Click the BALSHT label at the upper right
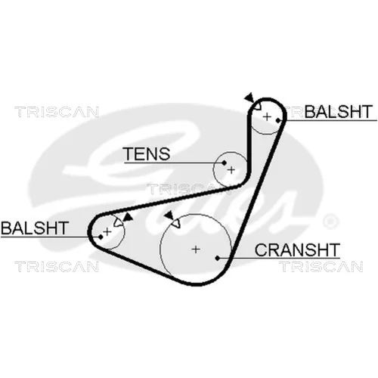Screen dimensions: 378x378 tap(338, 111)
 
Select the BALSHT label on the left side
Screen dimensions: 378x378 tap(35, 228)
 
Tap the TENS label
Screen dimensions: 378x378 tap(147, 153)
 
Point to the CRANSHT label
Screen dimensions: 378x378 tap(297, 249)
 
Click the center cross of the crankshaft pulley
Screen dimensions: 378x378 tap(196, 249)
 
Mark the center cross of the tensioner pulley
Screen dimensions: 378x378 tap(231, 170)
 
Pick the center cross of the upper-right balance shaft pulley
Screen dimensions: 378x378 tap(267, 117)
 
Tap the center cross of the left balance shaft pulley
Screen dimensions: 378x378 tap(107, 231)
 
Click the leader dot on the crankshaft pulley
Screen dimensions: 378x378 tap(218, 258)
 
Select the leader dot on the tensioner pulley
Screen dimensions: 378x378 tap(224, 163)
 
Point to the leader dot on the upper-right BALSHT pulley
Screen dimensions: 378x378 tap(278, 121)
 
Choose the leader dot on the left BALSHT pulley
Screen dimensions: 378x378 tap(101, 237)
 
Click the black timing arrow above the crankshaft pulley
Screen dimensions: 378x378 tap(169, 215)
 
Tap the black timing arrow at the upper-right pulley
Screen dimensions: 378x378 tap(249, 98)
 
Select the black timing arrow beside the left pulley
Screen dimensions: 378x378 tap(128, 217)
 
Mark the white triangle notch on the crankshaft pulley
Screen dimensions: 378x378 tap(176, 223)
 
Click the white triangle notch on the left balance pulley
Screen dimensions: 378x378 tap(118, 222)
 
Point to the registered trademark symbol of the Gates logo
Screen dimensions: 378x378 tap(330, 221)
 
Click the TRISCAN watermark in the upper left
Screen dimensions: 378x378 tap(57, 112)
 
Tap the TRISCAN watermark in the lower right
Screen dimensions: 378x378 tap(321, 267)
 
